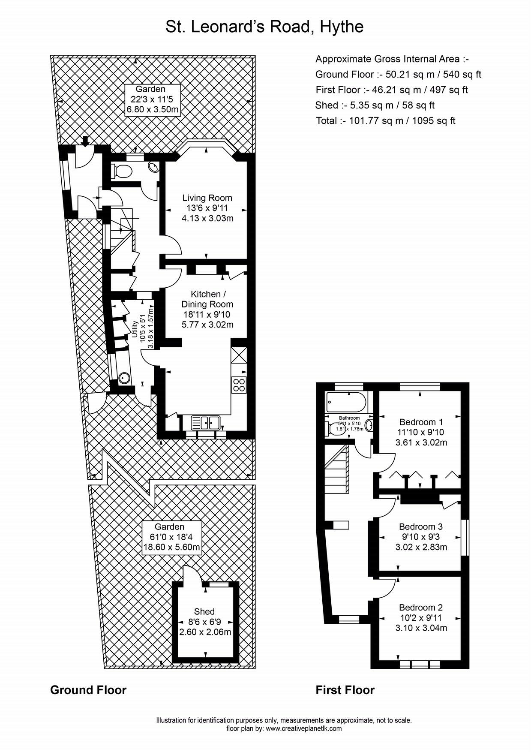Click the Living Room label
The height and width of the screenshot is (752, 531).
coord(207,198)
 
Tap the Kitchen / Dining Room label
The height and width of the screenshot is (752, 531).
coord(207,299)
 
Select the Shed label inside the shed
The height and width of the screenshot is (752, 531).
coord(204,611)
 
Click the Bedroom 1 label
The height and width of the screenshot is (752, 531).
coord(421,422)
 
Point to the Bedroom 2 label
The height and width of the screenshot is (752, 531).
coord(420,608)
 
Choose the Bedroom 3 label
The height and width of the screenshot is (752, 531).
coord(420,526)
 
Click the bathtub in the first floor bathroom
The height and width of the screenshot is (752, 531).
coord(346,402)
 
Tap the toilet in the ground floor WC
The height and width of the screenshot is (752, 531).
coord(122,172)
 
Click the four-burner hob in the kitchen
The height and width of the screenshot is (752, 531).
coord(239,385)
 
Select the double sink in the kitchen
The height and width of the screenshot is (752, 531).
coord(205,422)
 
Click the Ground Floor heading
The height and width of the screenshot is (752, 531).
coord(88,690)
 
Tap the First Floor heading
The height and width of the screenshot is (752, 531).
coord(345,690)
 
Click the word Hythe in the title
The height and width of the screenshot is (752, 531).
coord(341,27)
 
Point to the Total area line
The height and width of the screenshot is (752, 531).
coord(385,121)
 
